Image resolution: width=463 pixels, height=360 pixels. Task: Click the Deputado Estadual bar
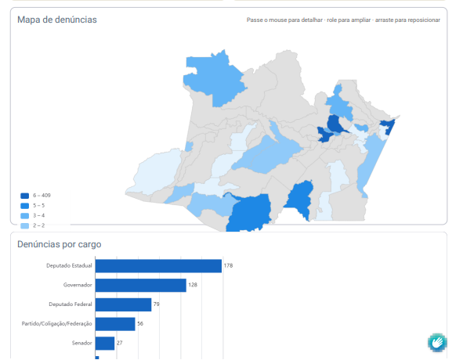(158, 266)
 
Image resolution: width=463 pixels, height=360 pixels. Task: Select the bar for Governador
(140, 285)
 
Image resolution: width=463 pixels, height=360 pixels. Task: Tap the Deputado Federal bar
(123, 304)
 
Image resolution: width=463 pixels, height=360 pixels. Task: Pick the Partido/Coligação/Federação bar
(115, 324)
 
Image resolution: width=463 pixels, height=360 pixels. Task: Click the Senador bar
(105, 344)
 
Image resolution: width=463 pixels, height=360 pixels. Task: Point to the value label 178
(228, 265)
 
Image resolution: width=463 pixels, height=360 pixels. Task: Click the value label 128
(193, 285)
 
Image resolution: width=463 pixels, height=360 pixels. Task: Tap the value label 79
(156, 304)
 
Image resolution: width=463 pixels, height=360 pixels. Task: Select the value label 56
(140, 323)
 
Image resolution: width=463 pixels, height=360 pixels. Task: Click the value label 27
(119, 343)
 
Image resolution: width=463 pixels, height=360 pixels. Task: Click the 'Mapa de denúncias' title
(57, 20)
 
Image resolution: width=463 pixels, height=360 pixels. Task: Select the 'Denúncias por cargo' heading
(60, 244)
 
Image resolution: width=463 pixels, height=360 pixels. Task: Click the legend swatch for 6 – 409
(25, 196)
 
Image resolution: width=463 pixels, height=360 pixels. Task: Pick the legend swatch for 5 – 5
(25, 206)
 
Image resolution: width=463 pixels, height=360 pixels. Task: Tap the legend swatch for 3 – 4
(25, 216)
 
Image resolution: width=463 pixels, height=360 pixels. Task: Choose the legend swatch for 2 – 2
(25, 225)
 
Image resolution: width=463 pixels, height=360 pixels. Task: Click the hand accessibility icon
(437, 343)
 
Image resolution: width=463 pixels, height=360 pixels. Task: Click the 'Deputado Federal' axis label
(71, 304)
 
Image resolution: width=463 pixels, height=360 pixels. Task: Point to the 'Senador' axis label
(81, 343)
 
